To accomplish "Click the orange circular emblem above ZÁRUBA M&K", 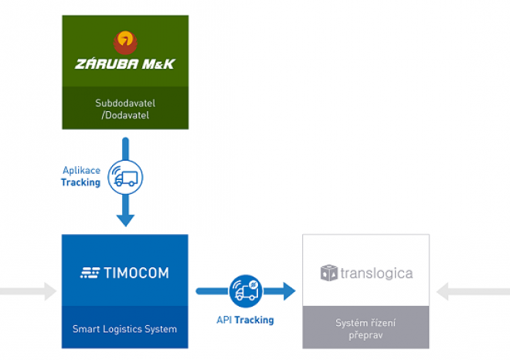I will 125,40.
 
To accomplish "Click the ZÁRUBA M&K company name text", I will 125,63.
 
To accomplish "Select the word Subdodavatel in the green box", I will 125,102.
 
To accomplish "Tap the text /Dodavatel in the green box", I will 125,114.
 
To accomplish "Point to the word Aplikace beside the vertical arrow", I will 81,171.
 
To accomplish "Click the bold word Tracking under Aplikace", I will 81,182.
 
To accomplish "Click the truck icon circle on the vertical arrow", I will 125,176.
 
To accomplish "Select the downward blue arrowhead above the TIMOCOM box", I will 125,219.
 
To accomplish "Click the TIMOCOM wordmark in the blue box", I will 136,272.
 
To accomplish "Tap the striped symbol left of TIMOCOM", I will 90,272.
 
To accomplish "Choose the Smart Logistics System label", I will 125,329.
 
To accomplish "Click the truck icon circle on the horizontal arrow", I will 245,291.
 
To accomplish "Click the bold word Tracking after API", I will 254,319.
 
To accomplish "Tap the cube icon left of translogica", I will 329,273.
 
